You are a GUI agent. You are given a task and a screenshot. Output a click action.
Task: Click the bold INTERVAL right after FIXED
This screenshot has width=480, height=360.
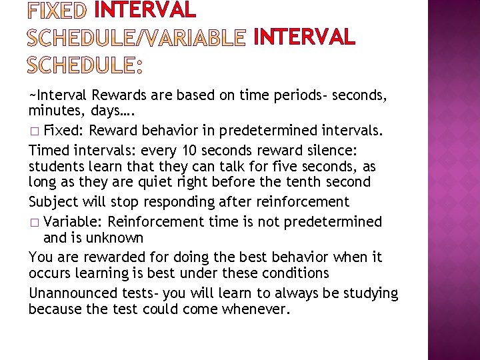pos(145,11)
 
